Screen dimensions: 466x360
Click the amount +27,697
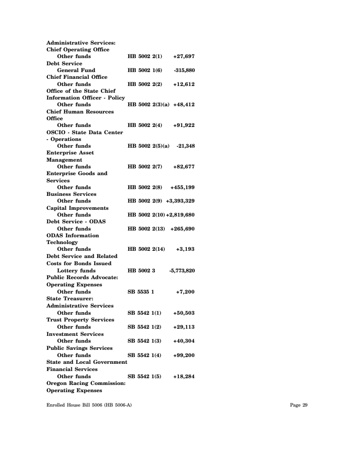click(x=184, y=56)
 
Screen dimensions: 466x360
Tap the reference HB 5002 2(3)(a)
click(x=148, y=104)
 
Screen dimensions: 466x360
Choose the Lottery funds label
click(x=76, y=271)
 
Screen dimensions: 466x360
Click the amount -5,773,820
click(x=182, y=271)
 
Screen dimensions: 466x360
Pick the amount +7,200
click(x=185, y=292)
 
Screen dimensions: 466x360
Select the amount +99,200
click(x=184, y=355)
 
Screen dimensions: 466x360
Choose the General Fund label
click(x=76, y=70)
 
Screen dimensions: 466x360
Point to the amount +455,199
click(x=182, y=187)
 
